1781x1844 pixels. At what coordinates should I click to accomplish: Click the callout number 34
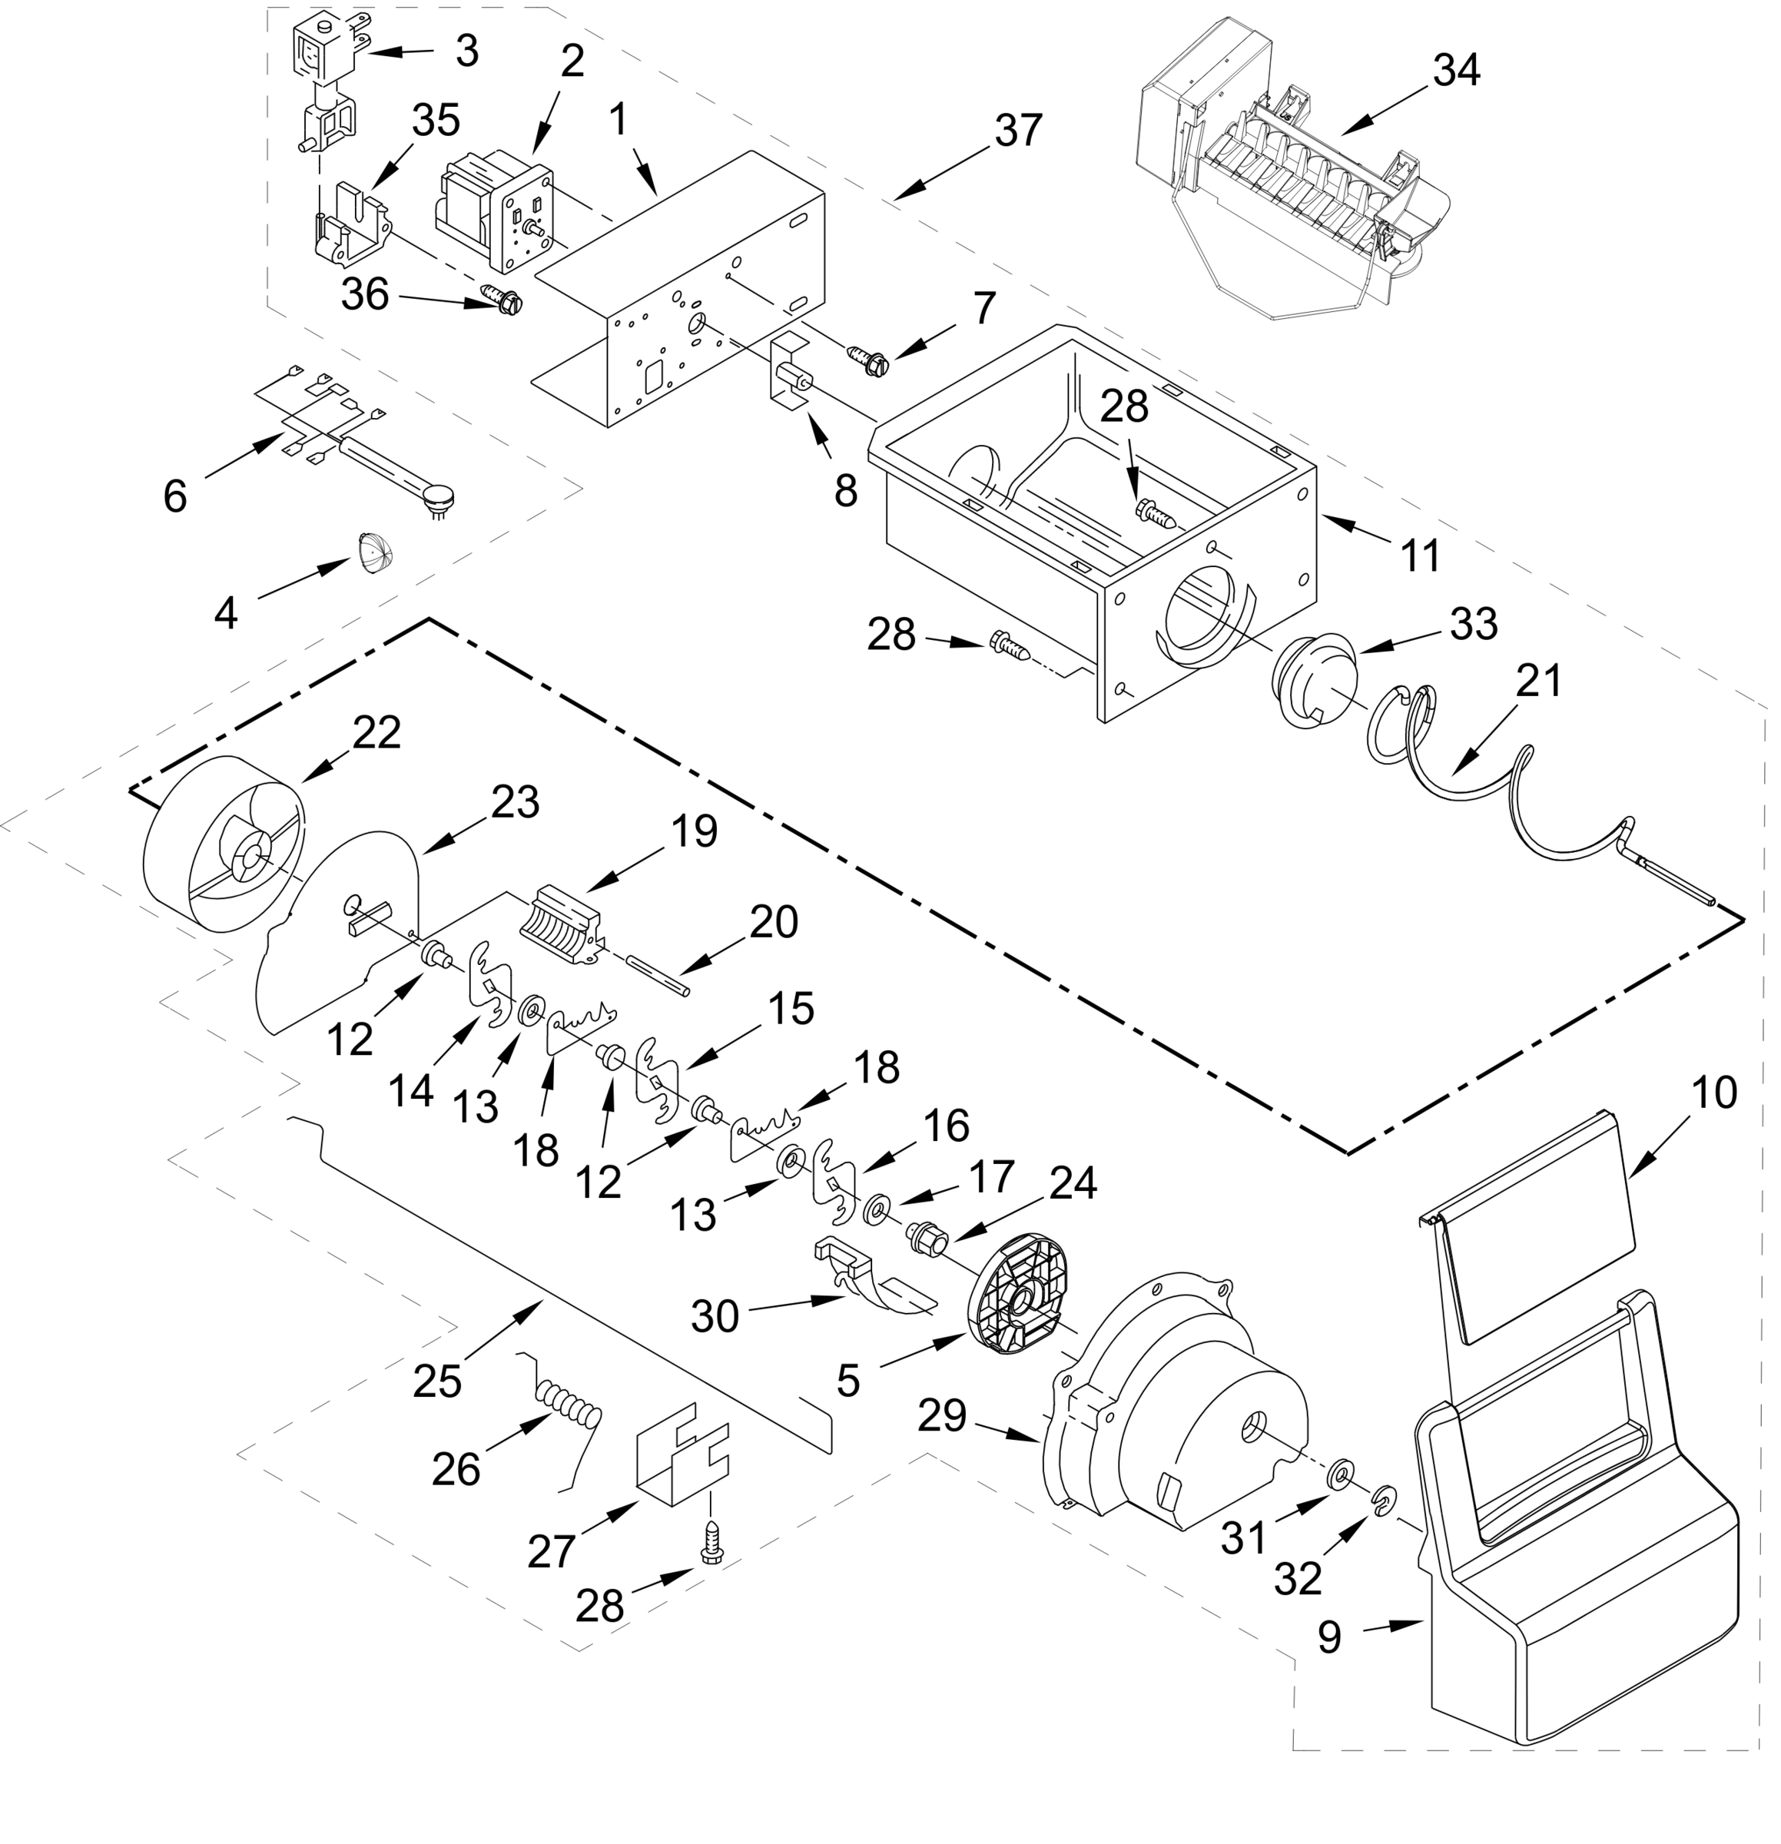[x=1458, y=70]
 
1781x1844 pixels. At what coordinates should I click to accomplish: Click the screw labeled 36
[x=502, y=299]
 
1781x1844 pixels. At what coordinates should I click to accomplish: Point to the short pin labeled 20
[x=658, y=973]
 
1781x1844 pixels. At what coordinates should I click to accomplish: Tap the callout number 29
[x=943, y=1414]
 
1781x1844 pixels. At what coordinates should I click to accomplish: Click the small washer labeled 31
[x=1341, y=1474]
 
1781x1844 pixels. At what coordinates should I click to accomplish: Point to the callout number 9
[x=1328, y=1637]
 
